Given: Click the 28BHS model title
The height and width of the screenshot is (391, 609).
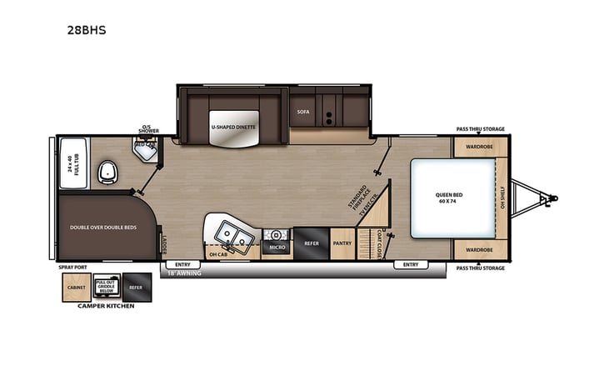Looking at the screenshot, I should tap(87, 30).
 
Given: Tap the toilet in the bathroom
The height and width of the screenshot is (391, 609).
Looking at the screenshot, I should tap(107, 173).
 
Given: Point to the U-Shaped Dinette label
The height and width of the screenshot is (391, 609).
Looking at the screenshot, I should tap(233, 127).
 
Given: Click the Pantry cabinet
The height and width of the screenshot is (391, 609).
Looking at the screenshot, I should tap(342, 243).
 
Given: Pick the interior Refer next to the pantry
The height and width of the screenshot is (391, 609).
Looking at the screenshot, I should tap(310, 243).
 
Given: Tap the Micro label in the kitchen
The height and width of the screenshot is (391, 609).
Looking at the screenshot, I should tap(276, 247).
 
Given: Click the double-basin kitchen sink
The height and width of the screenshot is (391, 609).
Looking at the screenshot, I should tap(232, 236).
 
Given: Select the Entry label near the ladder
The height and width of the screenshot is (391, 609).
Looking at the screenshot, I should tap(182, 264).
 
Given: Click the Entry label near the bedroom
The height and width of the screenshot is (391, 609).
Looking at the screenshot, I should tap(411, 264).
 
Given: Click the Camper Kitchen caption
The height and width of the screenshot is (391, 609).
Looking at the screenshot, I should tap(107, 306).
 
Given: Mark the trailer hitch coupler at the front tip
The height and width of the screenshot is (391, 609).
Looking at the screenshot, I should tap(552, 198).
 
